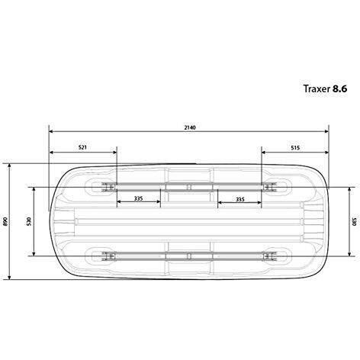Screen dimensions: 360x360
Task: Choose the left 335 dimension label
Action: pyautogui.click(x=138, y=198)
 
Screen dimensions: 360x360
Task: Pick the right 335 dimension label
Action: pyautogui.click(x=240, y=198)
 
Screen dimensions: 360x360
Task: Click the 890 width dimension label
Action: pyautogui.click(x=5, y=221)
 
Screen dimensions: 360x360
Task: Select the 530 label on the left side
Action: pyautogui.click(x=28, y=221)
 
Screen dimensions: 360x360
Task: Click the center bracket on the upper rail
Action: pyautogui.click(x=189, y=186)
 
